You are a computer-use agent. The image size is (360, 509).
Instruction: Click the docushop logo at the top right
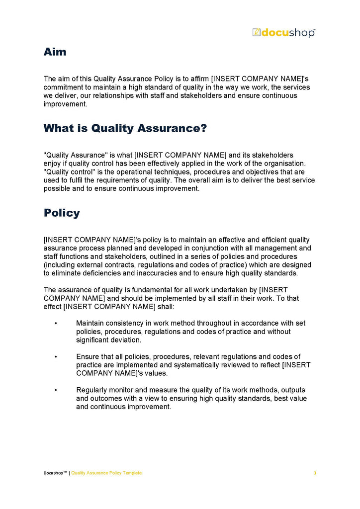click(283, 33)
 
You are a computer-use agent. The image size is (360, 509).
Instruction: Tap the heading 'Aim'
click(55, 52)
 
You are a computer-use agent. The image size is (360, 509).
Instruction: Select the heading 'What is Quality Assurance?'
click(125, 128)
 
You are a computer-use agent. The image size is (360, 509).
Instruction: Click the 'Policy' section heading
click(62, 213)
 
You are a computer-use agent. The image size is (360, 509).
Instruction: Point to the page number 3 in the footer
click(315, 473)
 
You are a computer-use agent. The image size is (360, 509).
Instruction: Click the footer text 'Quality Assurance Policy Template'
click(106, 473)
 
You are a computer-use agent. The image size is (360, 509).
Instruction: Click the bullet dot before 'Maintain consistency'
click(56, 324)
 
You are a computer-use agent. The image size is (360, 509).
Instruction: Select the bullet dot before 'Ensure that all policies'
click(56, 357)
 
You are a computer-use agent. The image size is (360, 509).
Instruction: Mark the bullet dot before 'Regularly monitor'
click(56, 390)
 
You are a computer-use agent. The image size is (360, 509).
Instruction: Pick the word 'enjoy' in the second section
click(53, 164)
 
